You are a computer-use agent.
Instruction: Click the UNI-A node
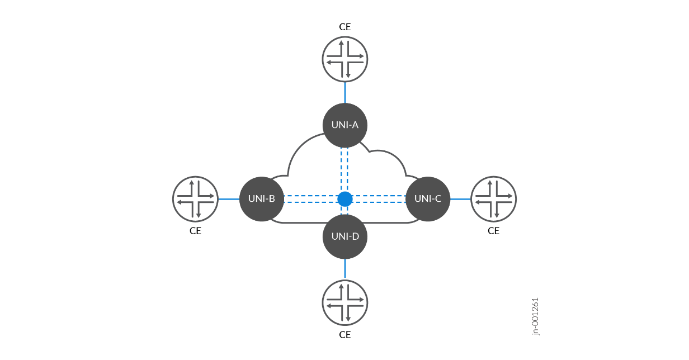click(345, 125)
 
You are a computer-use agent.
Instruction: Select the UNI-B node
click(262, 199)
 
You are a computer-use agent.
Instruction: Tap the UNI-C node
click(428, 199)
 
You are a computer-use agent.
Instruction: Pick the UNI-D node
click(345, 236)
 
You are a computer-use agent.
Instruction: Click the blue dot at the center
click(345, 199)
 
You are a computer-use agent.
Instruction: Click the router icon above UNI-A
click(345, 59)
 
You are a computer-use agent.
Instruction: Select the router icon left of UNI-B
click(195, 199)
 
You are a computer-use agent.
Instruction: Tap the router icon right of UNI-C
click(494, 199)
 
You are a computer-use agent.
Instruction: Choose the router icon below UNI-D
click(345, 303)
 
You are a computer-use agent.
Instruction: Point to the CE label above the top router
click(345, 27)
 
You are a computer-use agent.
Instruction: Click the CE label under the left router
click(195, 231)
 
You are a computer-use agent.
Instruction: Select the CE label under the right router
click(494, 231)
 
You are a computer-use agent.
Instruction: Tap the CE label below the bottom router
click(345, 335)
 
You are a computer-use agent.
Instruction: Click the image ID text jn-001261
click(536, 316)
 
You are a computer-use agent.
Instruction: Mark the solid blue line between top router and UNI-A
click(345, 93)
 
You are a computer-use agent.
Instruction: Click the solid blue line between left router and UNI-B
click(229, 199)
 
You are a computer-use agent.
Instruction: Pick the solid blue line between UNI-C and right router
click(460, 199)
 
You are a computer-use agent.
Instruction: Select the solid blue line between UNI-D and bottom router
click(345, 269)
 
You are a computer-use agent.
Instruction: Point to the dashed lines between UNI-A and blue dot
click(344, 170)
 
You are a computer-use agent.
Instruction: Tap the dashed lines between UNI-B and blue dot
click(311, 199)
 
